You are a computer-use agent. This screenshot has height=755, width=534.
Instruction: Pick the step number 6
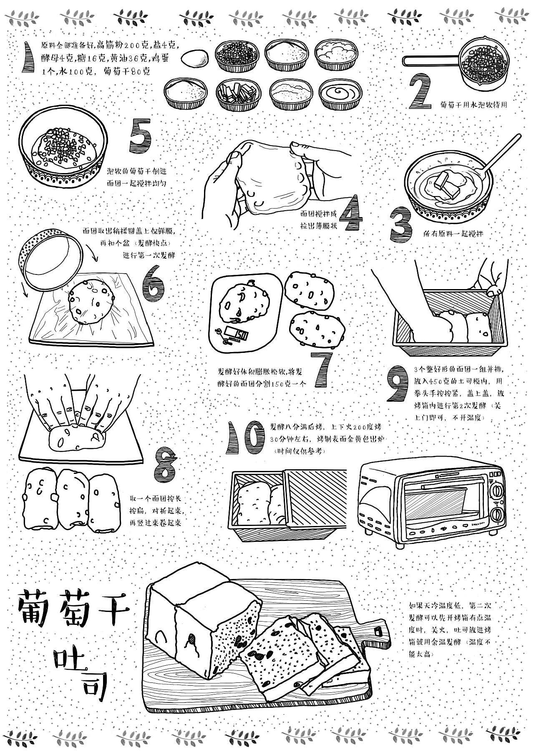[x=154, y=287]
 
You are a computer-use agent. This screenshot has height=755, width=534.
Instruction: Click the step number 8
[x=164, y=463]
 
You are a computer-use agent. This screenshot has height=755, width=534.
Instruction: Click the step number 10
[x=245, y=438]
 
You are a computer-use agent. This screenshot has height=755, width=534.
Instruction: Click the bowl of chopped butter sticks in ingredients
[x=236, y=94]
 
